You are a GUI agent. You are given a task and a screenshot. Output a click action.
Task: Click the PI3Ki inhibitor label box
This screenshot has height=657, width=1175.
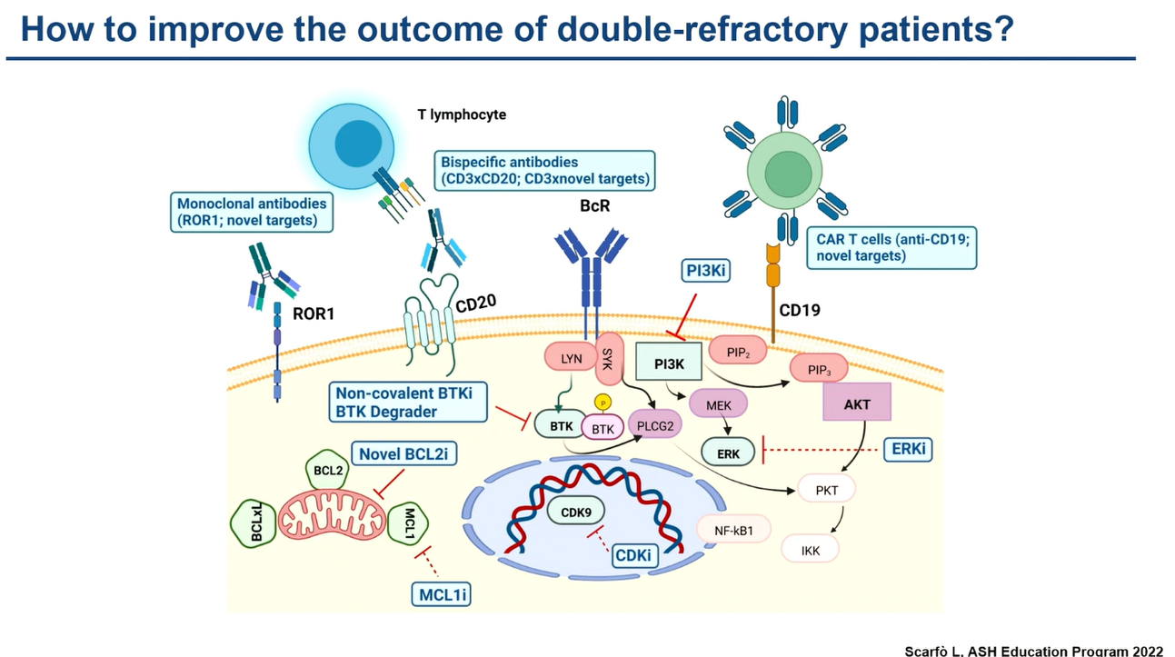tap(705, 271)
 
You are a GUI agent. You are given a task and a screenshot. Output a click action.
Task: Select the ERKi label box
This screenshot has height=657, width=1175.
tap(908, 450)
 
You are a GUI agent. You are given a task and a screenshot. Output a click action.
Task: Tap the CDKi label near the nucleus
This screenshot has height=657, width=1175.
tap(633, 555)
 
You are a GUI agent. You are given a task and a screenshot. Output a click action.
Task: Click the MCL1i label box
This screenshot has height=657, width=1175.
tap(441, 594)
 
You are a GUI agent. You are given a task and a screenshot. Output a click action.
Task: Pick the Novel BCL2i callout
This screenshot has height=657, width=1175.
tap(403, 453)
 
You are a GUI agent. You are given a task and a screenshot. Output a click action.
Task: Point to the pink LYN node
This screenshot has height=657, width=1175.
tap(571, 359)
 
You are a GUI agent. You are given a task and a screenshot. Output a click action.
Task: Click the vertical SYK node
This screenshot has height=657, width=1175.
tap(609, 359)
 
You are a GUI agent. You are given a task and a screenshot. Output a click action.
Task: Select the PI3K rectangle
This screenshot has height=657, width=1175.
tap(669, 362)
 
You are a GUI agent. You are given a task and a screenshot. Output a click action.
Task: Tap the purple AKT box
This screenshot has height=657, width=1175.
tap(857, 403)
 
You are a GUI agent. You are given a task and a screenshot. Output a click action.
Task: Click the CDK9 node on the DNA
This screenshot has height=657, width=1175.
tap(576, 512)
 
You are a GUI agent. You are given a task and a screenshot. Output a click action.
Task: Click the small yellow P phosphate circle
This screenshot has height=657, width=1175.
tap(602, 403)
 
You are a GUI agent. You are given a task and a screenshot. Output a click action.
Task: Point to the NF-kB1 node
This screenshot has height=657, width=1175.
tap(733, 530)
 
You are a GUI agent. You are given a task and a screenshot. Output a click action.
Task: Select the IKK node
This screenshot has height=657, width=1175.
tap(810, 550)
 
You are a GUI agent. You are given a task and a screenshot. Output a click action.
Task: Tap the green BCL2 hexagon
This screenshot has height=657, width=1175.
tap(328, 470)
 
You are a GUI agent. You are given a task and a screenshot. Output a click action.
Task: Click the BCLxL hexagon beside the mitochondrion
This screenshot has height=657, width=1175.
tap(254, 523)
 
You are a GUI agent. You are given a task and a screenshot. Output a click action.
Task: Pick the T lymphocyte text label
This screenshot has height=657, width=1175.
tap(462, 114)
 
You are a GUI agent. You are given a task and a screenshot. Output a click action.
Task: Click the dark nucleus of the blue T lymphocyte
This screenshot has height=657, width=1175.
tap(358, 144)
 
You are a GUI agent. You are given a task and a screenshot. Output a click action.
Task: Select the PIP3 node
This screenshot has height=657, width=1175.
tap(819, 369)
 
